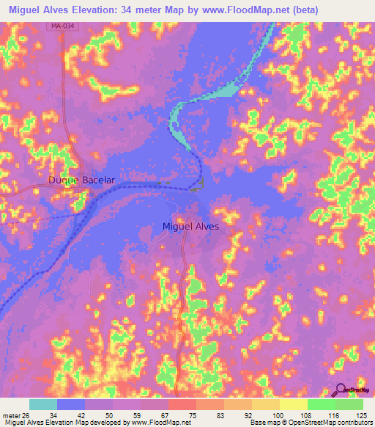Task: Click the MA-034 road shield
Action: tap(63, 26)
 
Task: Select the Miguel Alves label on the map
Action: tap(190, 227)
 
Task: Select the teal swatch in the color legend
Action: tap(43, 404)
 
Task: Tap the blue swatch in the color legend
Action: tap(71, 404)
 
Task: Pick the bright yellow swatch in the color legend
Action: tap(294, 404)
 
